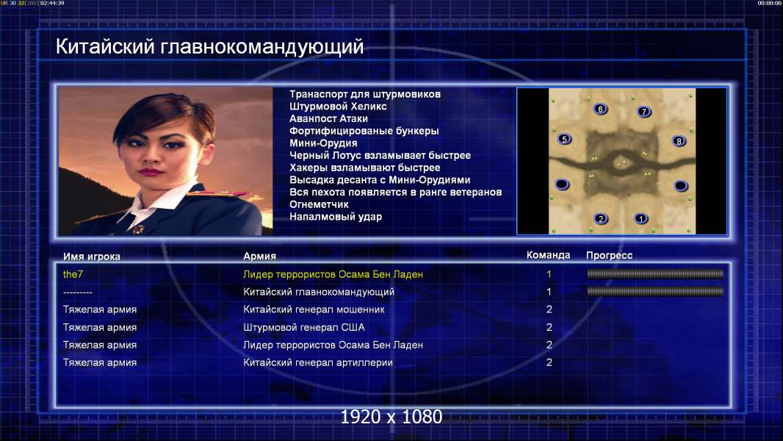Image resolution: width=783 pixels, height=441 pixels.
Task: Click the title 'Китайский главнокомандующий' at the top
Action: point(210,47)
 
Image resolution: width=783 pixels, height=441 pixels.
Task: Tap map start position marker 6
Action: point(600,109)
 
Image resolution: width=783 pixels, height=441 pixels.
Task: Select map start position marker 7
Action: point(643,112)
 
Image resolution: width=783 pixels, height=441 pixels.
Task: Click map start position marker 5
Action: point(564,139)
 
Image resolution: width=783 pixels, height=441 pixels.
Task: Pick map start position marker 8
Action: point(679,141)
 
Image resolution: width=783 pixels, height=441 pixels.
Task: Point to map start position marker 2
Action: point(601,218)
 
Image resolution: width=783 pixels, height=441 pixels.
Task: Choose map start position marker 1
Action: point(641,218)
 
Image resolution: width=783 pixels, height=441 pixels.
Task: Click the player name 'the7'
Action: point(73,274)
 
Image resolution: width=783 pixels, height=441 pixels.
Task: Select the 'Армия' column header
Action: point(260,257)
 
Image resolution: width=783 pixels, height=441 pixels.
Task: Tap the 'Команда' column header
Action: point(548,255)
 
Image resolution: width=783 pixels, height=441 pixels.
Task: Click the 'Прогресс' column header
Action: point(609,256)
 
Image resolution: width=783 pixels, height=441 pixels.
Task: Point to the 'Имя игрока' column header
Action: point(91,257)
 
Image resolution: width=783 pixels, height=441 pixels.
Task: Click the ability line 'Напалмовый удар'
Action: point(336,217)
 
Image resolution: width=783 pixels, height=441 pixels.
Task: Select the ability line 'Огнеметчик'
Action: point(319,204)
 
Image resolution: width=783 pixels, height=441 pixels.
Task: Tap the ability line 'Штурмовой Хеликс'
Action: point(338,107)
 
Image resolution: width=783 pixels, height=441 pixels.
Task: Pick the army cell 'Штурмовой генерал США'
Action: point(303,328)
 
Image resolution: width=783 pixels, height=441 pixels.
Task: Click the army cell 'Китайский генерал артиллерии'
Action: point(318,362)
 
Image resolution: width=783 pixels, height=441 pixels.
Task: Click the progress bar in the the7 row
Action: point(655,273)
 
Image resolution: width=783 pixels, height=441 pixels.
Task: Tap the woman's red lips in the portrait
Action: point(151,172)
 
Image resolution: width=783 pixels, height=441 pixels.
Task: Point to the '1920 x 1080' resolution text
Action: point(391,417)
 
